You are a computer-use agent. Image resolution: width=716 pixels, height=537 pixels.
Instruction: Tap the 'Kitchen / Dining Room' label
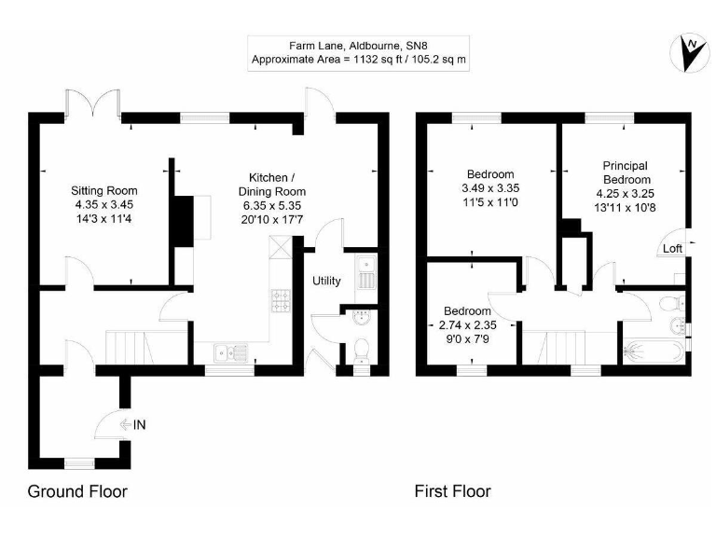(272, 185)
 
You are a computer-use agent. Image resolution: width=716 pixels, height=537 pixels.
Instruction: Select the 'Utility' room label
(326, 281)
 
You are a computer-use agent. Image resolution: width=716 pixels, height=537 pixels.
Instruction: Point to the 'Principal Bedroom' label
(625, 172)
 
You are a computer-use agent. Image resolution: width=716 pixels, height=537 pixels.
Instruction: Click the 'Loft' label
(672, 249)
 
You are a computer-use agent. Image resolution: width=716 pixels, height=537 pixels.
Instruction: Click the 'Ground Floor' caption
(77, 491)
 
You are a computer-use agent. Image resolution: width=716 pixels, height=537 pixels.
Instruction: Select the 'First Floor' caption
(452, 491)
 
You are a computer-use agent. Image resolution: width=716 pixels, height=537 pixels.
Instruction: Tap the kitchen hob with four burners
(281, 299)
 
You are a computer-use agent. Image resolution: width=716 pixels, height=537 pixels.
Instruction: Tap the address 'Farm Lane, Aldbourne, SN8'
(359, 44)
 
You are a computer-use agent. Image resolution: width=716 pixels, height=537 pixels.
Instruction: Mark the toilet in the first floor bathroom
(669, 304)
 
